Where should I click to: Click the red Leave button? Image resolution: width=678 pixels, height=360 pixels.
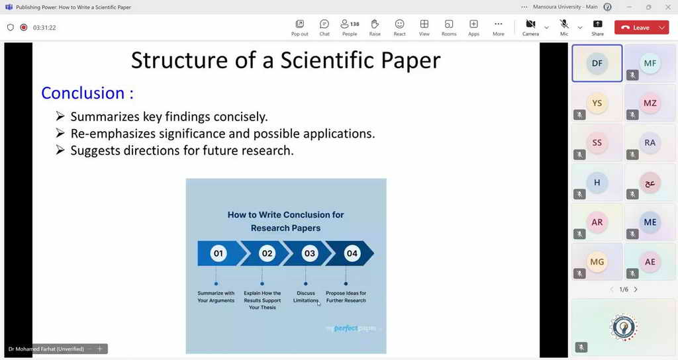click(636, 28)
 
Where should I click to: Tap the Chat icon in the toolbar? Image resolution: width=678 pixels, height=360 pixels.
click(324, 24)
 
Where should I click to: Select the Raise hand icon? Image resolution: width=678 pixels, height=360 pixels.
click(375, 24)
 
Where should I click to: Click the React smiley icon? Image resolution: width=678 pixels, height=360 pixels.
click(399, 24)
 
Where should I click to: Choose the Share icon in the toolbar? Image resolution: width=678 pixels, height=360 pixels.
click(598, 24)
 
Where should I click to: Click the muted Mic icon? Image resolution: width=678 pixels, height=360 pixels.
click(564, 24)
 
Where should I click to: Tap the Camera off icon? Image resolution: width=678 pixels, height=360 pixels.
click(530, 24)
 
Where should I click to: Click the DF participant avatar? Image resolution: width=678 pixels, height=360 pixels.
click(597, 63)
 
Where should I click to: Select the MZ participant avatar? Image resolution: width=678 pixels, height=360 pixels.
click(650, 103)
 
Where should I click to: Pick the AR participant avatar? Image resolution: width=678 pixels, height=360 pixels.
click(597, 222)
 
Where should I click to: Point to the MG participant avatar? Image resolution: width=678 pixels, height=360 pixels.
click(597, 262)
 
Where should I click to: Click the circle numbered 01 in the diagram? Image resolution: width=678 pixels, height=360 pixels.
click(218, 253)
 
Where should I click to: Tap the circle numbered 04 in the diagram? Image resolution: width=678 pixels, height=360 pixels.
click(352, 253)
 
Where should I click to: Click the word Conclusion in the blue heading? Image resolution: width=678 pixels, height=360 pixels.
click(83, 93)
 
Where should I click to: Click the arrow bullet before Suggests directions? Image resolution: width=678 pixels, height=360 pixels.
click(60, 150)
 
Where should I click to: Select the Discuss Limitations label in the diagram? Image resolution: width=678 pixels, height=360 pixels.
click(306, 297)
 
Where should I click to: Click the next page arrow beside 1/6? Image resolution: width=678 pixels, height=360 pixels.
click(636, 290)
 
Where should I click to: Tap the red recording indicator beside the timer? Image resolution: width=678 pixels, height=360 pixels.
click(24, 27)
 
